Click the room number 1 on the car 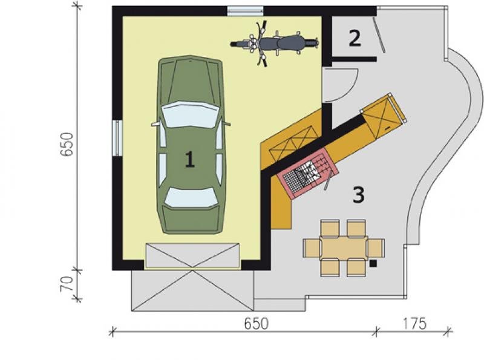tap(189, 159)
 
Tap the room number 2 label tap(355, 38)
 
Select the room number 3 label tap(358, 195)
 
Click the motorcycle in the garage tap(275, 43)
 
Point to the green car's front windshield tap(190, 114)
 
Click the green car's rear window tap(191, 197)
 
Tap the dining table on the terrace tap(344, 247)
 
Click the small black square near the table tap(373, 263)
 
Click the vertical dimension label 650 tap(67, 145)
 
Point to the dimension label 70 tap(67, 284)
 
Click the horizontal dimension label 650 tap(256, 324)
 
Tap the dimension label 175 tap(414, 324)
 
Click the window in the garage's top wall tap(246, 11)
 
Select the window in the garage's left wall tap(117, 138)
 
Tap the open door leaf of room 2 tap(378, 34)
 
